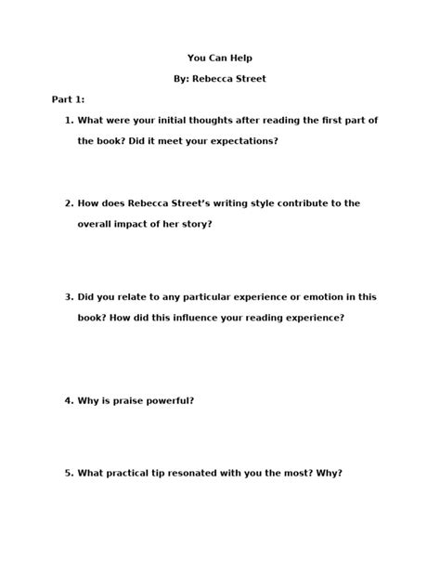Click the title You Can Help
click(x=219, y=57)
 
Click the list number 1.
click(x=69, y=121)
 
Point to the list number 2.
click(x=69, y=203)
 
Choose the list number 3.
click(x=69, y=297)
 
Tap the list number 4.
click(x=69, y=400)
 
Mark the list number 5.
click(x=69, y=473)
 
